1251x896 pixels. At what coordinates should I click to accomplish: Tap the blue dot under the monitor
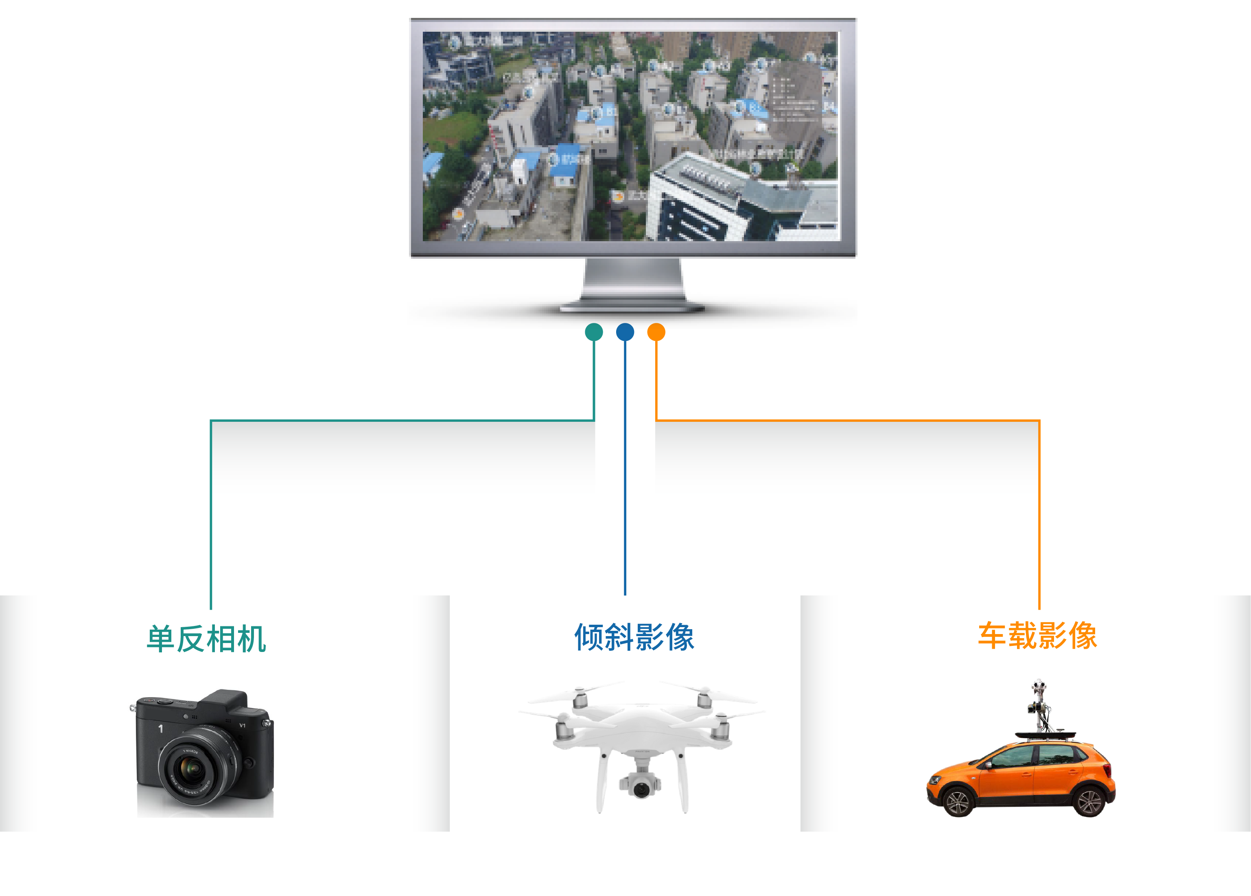click(625, 332)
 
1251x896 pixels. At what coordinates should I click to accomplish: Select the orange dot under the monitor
click(656, 332)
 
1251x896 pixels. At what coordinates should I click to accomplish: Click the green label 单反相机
click(206, 639)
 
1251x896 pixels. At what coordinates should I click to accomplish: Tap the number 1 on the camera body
click(160, 728)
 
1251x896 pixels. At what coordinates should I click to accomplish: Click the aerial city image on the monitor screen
click(630, 136)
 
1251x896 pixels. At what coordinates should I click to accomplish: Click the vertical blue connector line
click(625, 469)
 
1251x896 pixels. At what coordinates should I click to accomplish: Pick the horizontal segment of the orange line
click(847, 421)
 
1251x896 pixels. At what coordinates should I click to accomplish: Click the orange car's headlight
click(936, 780)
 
